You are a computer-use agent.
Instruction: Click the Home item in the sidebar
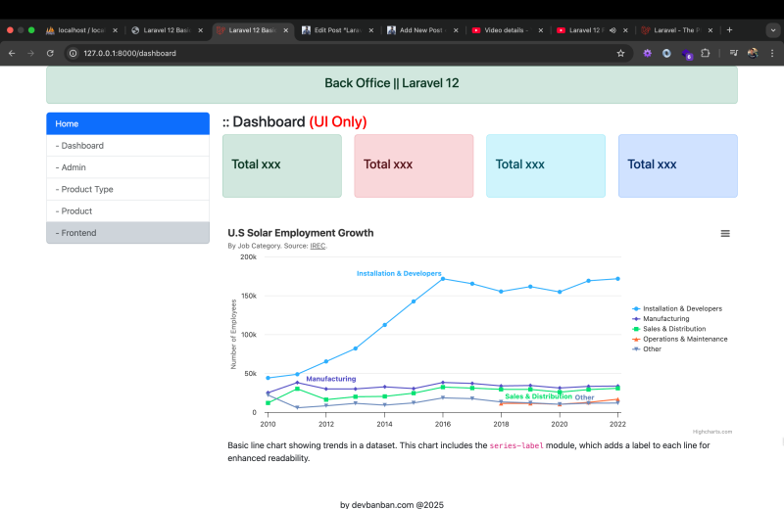[x=127, y=124]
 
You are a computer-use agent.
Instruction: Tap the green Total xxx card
[x=282, y=165]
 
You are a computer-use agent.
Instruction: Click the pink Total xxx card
[x=414, y=165]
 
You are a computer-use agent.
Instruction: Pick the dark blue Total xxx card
[x=677, y=165]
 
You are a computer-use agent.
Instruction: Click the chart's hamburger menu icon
[x=725, y=233]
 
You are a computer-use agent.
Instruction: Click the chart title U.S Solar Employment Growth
[x=301, y=233]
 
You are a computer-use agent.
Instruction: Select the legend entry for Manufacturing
[x=665, y=319]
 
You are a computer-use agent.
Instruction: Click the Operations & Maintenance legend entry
[x=684, y=339]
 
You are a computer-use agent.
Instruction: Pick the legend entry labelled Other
[x=652, y=349]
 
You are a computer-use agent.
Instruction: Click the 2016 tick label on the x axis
[x=443, y=425]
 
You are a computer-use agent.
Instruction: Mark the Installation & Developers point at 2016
[x=443, y=279]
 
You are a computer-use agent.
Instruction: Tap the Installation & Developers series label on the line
[x=399, y=273]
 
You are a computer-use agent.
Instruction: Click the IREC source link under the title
[x=318, y=246]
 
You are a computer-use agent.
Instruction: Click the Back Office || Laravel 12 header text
[x=391, y=83]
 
